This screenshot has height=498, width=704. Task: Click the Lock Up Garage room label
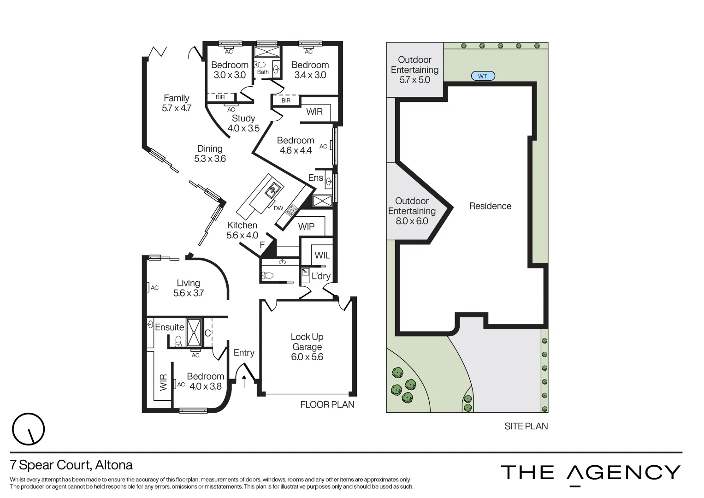(x=307, y=347)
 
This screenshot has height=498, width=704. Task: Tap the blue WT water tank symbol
(x=483, y=76)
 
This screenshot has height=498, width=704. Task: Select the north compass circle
(x=29, y=429)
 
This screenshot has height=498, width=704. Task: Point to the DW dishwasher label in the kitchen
(x=278, y=208)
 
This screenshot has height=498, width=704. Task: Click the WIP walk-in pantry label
(x=306, y=226)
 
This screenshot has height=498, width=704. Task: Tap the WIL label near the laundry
(x=322, y=255)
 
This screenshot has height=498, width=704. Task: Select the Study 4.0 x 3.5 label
(x=243, y=124)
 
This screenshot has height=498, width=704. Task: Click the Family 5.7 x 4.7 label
(x=177, y=103)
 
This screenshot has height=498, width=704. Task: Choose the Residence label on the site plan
(x=490, y=206)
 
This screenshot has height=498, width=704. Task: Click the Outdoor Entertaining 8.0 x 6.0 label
(x=412, y=211)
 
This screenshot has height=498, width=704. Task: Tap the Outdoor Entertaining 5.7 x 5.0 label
(x=414, y=70)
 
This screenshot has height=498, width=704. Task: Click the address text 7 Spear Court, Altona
(x=71, y=465)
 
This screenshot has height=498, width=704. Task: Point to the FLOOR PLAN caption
(x=327, y=404)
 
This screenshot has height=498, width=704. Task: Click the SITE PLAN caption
(x=526, y=426)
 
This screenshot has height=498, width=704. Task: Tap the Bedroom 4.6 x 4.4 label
(x=296, y=145)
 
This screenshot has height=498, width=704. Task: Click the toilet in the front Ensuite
(x=178, y=341)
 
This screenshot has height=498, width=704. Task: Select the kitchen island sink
(x=273, y=189)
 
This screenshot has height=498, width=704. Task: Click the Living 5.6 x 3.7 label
(x=189, y=288)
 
